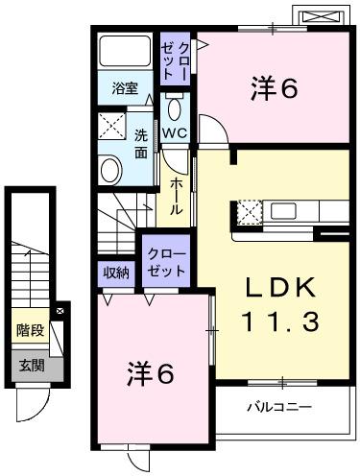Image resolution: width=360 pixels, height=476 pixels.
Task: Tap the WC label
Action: click(x=174, y=131)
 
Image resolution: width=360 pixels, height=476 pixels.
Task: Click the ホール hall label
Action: click(x=177, y=196)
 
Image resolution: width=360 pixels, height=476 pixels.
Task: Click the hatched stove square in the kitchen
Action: click(x=249, y=212)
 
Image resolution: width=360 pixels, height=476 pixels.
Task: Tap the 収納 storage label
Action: click(x=117, y=272)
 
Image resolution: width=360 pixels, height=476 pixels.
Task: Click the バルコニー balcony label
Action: click(x=279, y=407)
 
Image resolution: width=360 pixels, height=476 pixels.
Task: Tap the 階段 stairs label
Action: click(x=29, y=331)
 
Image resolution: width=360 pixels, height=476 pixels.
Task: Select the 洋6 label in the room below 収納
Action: click(x=152, y=372)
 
